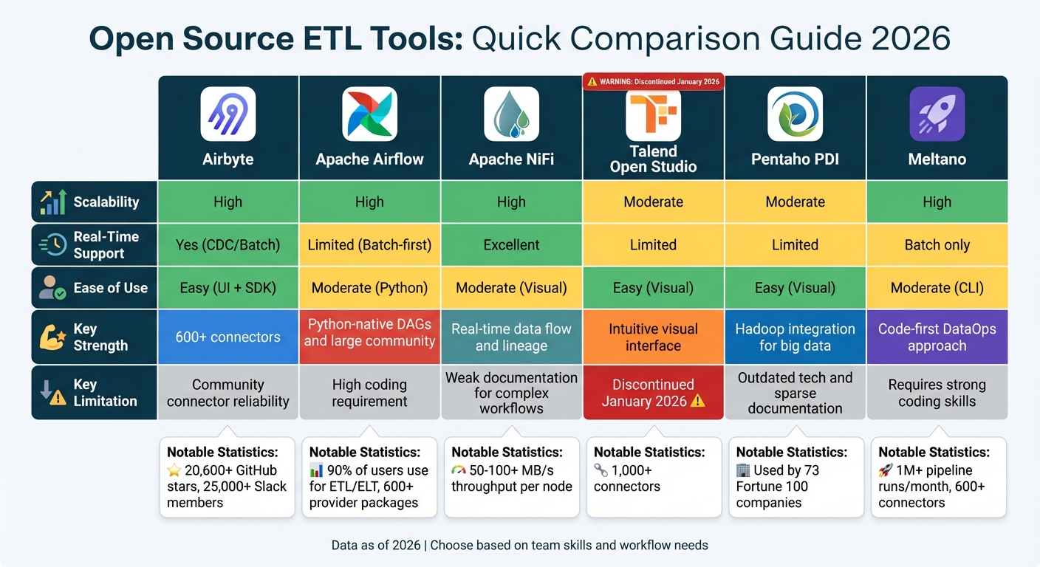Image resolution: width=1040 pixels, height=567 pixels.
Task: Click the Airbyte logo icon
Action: (228, 114)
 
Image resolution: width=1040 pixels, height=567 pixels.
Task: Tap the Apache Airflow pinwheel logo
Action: (370, 114)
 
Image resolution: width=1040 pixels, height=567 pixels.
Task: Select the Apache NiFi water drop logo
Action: (511, 114)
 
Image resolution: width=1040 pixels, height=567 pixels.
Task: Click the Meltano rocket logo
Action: (937, 114)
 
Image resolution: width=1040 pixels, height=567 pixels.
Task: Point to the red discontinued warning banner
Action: (653, 81)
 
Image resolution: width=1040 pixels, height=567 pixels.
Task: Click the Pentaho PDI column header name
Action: (795, 159)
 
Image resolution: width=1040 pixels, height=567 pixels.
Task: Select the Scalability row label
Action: (106, 202)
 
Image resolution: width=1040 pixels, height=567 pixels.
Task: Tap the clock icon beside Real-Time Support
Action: (52, 245)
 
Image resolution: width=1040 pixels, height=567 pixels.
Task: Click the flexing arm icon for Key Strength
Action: (52, 337)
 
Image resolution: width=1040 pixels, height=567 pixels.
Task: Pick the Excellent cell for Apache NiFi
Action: (511, 245)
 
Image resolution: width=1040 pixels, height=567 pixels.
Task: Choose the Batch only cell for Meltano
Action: (937, 245)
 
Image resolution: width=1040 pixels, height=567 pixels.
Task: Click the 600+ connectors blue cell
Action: (228, 337)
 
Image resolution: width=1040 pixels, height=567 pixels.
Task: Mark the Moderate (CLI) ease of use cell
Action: (937, 288)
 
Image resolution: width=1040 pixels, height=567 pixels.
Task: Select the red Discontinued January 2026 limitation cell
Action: (653, 393)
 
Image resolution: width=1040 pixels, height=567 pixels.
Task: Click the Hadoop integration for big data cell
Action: (795, 337)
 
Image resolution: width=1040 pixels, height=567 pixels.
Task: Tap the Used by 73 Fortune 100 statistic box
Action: (796, 477)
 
